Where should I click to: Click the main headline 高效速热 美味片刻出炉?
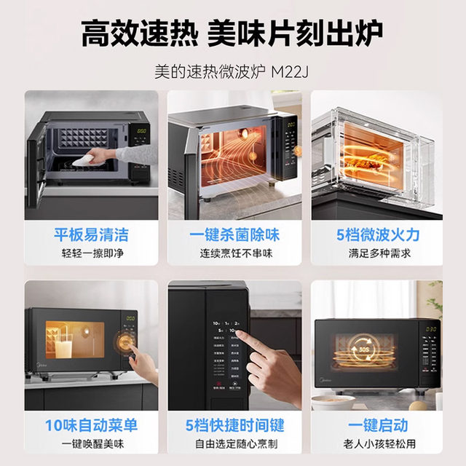232,33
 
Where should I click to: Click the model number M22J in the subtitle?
291,73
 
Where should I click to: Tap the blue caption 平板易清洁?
91,234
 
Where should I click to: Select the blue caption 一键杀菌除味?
234,234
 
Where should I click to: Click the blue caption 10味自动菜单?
91,424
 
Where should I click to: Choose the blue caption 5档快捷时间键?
234,424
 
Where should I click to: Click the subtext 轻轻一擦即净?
91,253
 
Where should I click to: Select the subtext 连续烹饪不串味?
234,253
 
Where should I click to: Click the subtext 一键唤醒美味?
91,443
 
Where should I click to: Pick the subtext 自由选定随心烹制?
234,443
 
